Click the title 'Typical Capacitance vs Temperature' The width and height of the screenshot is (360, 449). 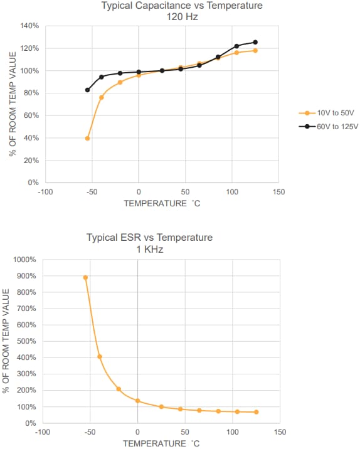coord(182,6)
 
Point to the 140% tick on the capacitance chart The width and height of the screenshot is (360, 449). coord(30,26)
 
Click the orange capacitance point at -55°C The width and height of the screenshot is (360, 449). coord(87,139)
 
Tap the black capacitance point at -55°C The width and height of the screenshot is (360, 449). coord(87,90)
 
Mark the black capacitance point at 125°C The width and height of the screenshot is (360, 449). coord(255,43)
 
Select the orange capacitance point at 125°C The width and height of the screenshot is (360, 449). coord(255,51)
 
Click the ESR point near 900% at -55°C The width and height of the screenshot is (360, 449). coord(85,278)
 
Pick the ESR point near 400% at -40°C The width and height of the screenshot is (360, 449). coord(100,357)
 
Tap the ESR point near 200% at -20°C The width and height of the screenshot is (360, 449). coord(119,389)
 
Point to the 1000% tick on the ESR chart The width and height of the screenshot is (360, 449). coord(26,260)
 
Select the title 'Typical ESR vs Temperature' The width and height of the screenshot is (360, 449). coord(149,238)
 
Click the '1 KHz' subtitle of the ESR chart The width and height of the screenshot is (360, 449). coord(149,249)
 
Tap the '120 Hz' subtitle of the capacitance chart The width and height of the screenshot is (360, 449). coord(182,17)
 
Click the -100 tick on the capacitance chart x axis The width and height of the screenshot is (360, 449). coord(45,192)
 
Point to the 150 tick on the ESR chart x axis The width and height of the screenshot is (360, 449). coord(280,432)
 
